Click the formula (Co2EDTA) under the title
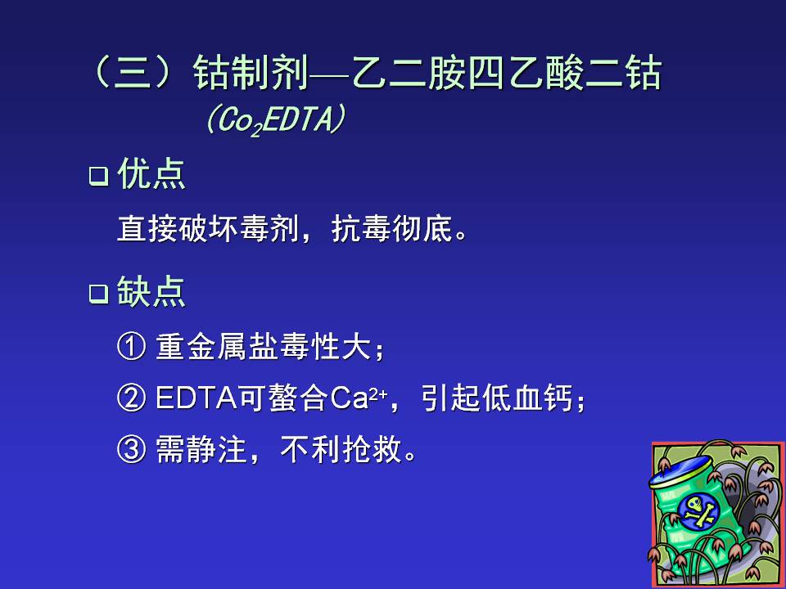tap(276, 120)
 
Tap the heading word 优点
tap(151, 174)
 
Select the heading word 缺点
tap(151, 291)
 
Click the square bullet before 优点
tap(99, 177)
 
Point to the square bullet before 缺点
tap(99, 294)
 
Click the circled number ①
tap(132, 346)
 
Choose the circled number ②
tap(132, 398)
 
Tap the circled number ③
tap(132, 449)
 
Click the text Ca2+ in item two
tap(359, 398)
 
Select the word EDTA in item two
tap(196, 398)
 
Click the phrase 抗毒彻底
tap(392, 228)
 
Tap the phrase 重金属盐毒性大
tap(264, 346)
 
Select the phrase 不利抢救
tap(341, 449)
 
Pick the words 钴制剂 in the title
tap(251, 73)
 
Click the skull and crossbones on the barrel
tap(698, 511)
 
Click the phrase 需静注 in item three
tap(201, 449)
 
